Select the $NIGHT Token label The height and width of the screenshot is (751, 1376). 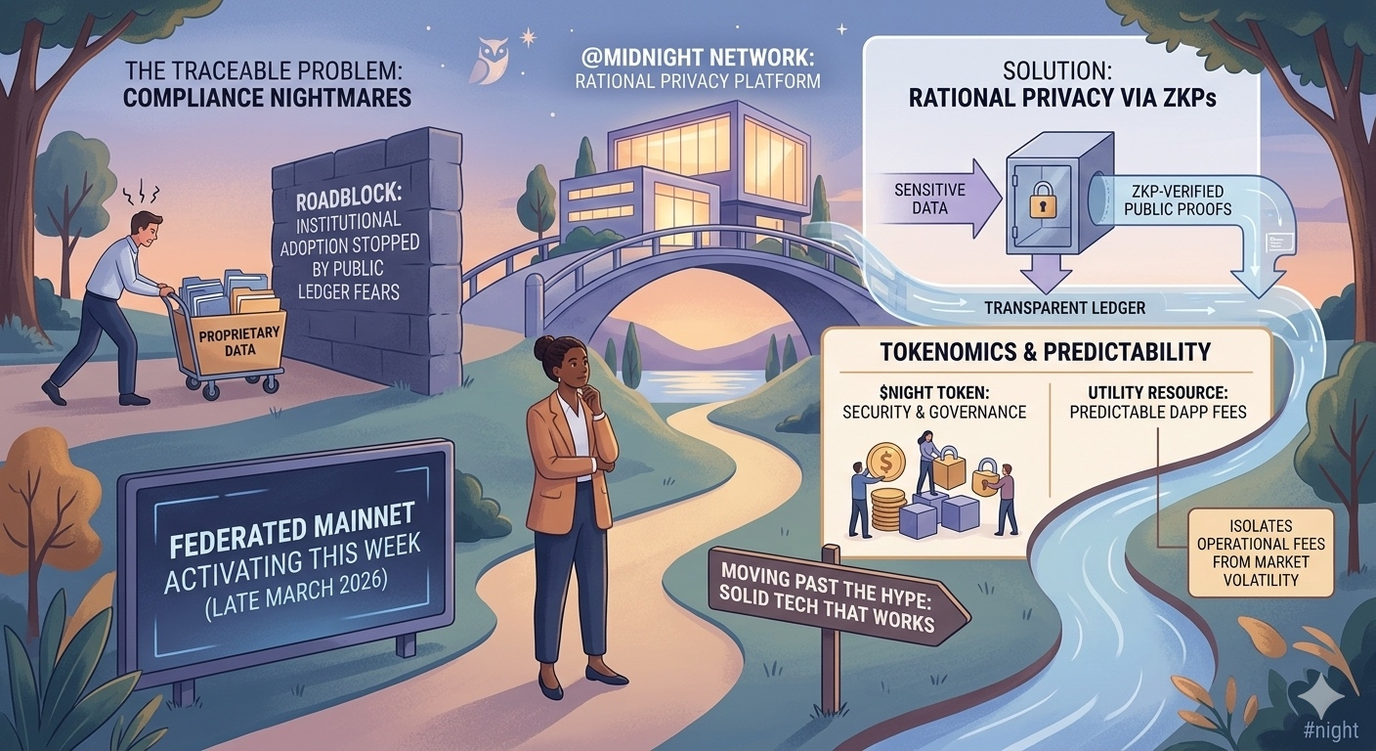[934, 401]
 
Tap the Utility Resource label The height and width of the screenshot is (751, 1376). [1158, 401]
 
